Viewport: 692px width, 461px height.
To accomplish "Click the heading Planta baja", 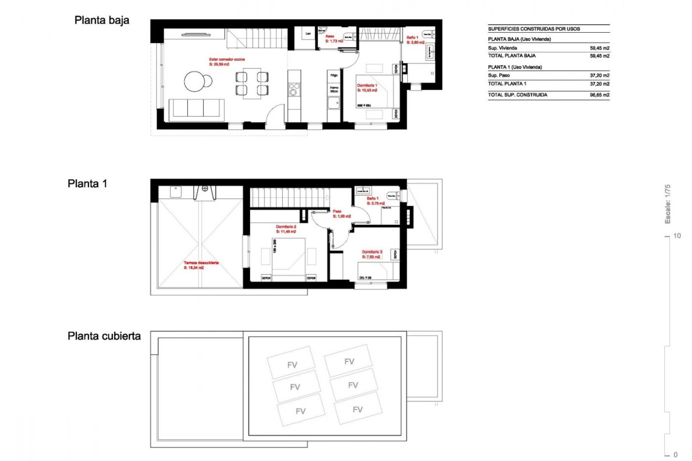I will click(x=102, y=21).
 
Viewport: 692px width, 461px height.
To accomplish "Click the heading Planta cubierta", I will click(x=104, y=336).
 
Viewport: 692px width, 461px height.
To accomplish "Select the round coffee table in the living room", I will click(x=196, y=81).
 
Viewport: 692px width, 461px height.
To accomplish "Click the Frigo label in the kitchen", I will click(x=334, y=75).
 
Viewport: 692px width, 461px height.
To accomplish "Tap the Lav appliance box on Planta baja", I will click(x=308, y=34).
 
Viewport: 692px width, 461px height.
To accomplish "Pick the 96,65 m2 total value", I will click(x=599, y=95).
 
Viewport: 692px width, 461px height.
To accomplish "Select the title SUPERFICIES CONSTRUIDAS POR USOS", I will click(x=534, y=29).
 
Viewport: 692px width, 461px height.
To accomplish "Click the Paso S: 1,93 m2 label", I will click(x=341, y=214).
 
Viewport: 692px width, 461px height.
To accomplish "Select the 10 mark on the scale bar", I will click(x=677, y=236).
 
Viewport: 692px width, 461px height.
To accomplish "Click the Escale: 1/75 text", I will click(x=667, y=204).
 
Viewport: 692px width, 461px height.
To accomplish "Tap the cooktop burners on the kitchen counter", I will click(x=294, y=89).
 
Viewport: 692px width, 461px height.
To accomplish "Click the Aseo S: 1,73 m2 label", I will click(x=334, y=39).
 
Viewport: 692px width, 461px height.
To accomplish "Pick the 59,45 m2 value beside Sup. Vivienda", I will click(x=599, y=48).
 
